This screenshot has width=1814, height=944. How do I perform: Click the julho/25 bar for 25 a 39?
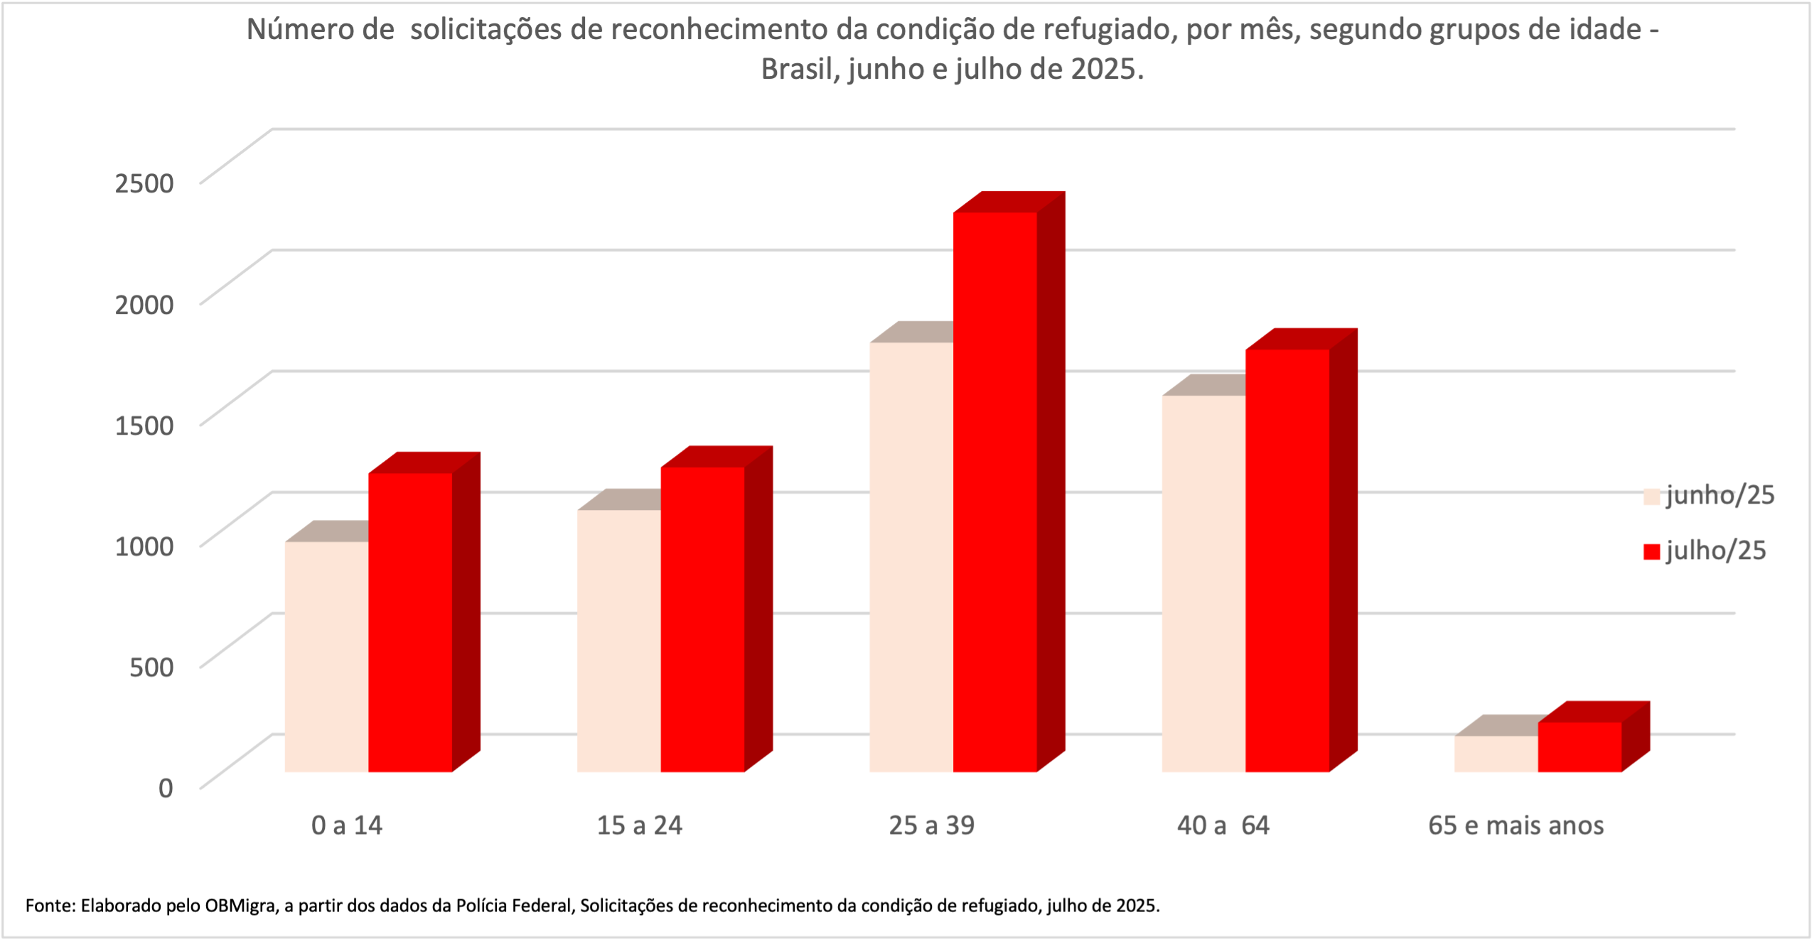pos(994,490)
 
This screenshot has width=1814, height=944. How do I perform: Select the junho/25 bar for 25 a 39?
pos(911,558)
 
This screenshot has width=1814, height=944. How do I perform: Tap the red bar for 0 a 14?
pos(410,622)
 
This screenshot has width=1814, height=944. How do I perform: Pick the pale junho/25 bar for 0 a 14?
pos(326,657)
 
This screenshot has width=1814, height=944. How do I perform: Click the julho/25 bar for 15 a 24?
pos(702,618)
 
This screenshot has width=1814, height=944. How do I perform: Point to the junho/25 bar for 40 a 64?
pos(1203,582)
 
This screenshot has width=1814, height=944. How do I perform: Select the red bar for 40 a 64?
pos(1287,561)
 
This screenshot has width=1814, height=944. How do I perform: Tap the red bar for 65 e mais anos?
pos(1579,747)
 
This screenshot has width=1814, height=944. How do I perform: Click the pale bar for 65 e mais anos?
pos(1496,754)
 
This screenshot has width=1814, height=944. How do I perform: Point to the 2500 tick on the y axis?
pos(144,183)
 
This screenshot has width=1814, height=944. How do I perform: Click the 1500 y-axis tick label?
pos(144,425)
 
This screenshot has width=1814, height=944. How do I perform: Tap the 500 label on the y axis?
pos(151,667)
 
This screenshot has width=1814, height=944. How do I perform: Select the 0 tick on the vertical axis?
pos(166,788)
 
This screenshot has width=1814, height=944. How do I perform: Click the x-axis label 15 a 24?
pos(639,825)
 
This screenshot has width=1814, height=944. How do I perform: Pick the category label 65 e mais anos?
pos(1515,825)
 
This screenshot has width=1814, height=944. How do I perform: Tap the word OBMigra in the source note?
pos(242,906)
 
